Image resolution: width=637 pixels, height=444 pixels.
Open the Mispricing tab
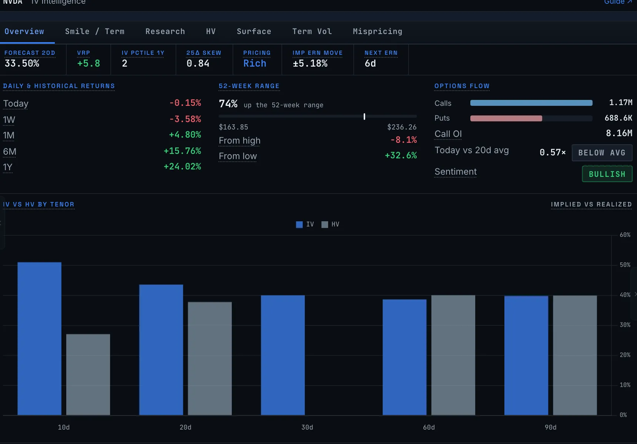tap(377, 31)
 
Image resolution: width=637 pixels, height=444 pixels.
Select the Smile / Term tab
tap(95, 31)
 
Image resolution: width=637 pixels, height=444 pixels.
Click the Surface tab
tap(254, 31)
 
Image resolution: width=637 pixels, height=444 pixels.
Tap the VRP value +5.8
tap(89, 63)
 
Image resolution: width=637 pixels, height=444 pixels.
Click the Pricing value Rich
tap(255, 63)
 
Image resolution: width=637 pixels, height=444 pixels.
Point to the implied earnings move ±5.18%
tap(310, 63)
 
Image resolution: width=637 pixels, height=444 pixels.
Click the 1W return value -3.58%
tap(185, 119)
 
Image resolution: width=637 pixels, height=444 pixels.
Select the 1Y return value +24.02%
tap(182, 166)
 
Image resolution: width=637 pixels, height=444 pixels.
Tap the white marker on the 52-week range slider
tap(364, 117)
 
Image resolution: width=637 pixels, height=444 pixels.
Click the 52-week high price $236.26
tap(402, 127)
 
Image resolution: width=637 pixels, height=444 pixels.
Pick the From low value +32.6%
tap(401, 155)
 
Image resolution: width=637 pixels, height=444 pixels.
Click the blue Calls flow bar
tap(531, 103)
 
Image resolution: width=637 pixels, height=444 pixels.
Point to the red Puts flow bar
tap(506, 118)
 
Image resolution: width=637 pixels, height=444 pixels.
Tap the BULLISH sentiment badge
tap(607, 174)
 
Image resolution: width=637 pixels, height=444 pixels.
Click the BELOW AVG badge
tap(602, 153)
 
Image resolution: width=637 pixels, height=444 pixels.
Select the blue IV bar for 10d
tap(40, 339)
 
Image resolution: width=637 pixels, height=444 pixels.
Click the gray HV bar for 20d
tap(210, 359)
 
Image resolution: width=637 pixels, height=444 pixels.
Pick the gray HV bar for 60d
tap(453, 355)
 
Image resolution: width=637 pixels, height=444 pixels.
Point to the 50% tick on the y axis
tap(625, 265)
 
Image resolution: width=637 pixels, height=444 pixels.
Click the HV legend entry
tap(330, 225)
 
